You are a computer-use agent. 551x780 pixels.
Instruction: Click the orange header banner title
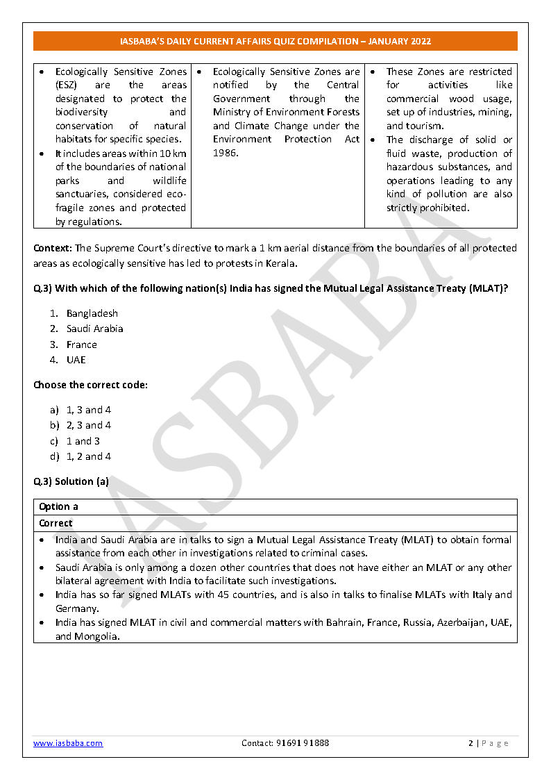tap(275, 41)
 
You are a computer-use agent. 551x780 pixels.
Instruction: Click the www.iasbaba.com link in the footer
tap(68, 743)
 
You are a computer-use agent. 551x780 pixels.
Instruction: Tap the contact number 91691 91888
tap(285, 743)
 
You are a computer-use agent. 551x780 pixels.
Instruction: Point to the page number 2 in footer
tap(471, 743)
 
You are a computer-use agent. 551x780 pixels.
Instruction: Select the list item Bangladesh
tap(92, 313)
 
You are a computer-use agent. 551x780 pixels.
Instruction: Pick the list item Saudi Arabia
tap(94, 329)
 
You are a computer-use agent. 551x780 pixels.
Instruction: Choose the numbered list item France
tap(81, 345)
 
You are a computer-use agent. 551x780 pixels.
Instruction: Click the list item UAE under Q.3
tap(76, 360)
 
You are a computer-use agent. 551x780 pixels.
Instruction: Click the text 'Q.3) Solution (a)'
tap(71, 481)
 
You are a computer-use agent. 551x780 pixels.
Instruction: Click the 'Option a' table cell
tap(58, 506)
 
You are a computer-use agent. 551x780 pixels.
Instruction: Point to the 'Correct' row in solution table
tap(56, 523)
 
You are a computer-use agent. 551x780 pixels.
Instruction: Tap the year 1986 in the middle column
tap(224, 153)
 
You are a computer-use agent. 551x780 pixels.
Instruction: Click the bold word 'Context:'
tap(53, 248)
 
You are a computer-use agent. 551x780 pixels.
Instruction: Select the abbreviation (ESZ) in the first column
tap(67, 85)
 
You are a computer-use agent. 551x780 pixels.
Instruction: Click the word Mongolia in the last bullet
tap(98, 636)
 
